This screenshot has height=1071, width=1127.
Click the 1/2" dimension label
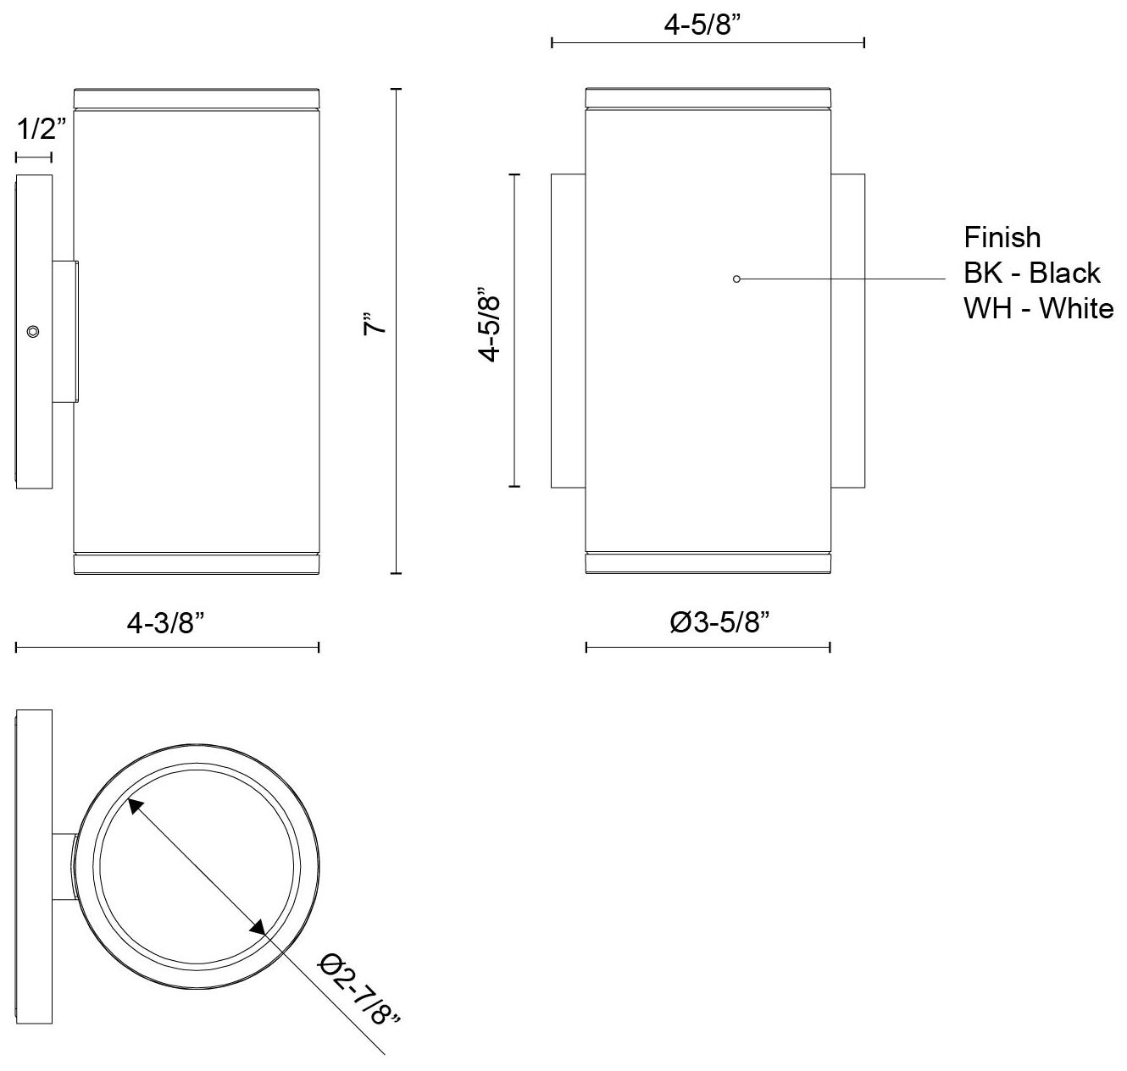pos(42,130)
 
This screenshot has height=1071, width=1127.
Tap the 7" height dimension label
pos(375,325)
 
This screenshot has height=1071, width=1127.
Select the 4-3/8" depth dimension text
pos(166,624)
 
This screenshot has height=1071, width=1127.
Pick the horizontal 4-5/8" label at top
pos(702,25)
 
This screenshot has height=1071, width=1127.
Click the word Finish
pos(1002,237)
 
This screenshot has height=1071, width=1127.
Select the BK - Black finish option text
pos(1031,273)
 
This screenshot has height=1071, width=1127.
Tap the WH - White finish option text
pos(1038,308)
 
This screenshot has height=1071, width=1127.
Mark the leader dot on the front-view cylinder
pos(736,279)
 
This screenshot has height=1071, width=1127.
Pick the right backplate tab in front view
pos(847,330)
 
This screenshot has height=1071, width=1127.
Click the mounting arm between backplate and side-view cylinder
pos(66,331)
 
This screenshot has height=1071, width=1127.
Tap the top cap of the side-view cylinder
pos(197,97)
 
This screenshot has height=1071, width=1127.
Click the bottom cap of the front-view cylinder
pos(708,563)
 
